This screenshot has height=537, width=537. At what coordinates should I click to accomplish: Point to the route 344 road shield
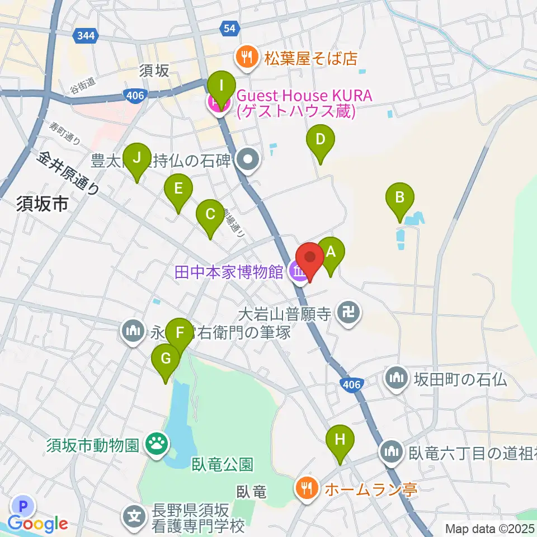(87, 36)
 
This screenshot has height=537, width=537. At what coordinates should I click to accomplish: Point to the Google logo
(38, 524)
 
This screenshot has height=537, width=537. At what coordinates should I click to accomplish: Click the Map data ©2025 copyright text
(490, 527)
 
